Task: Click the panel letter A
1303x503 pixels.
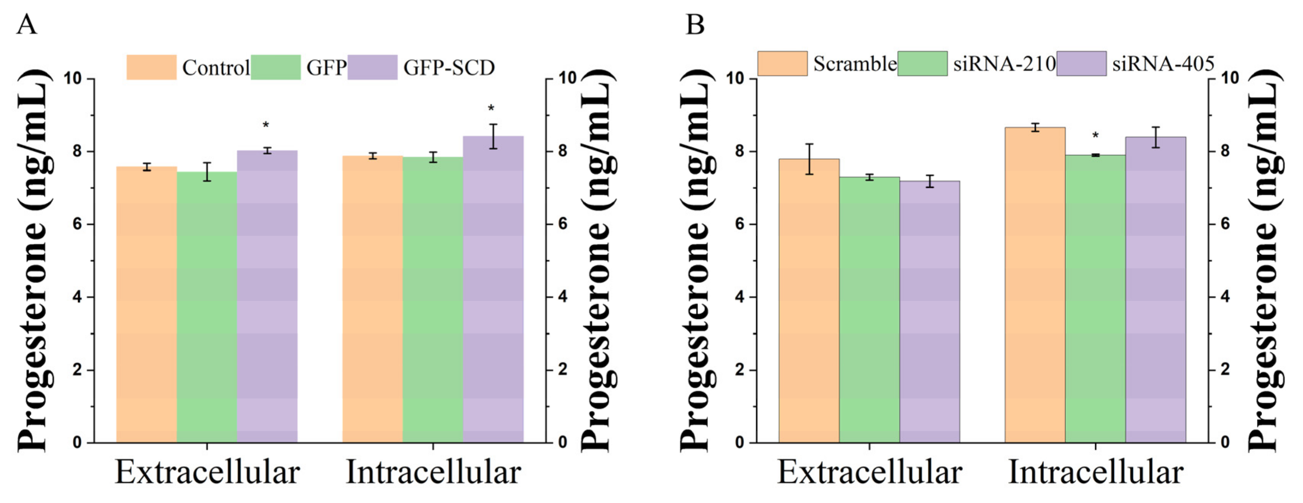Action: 26,24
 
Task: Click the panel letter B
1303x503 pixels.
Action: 694,24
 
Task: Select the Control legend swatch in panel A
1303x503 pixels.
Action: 151,67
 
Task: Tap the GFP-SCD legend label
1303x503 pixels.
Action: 449,67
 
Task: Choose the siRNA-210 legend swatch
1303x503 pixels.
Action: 922,64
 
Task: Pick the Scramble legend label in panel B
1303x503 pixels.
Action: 854,64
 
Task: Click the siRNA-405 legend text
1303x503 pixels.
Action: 1163,64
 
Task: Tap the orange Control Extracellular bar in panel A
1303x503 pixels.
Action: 147,304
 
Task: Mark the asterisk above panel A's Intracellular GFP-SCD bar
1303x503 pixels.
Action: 491,108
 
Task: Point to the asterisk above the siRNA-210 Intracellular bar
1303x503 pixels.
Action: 1095,136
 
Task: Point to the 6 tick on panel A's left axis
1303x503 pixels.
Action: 77,224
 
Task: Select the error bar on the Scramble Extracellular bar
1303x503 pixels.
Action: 809,159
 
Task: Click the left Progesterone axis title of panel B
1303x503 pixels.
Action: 697,261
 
